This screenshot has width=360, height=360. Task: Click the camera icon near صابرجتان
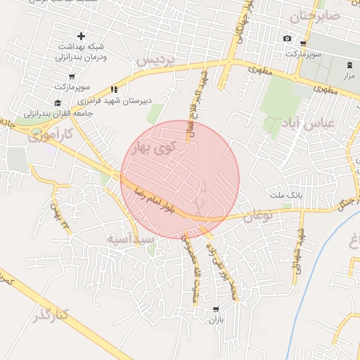click(x=287, y=38)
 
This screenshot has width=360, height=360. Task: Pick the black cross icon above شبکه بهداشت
click(x=81, y=35)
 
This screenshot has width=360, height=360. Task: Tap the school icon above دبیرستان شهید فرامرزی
click(x=114, y=89)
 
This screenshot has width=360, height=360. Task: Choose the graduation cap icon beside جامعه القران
click(x=58, y=103)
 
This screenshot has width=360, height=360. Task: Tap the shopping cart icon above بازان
click(x=215, y=309)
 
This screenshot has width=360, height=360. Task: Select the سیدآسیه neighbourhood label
click(x=131, y=239)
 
